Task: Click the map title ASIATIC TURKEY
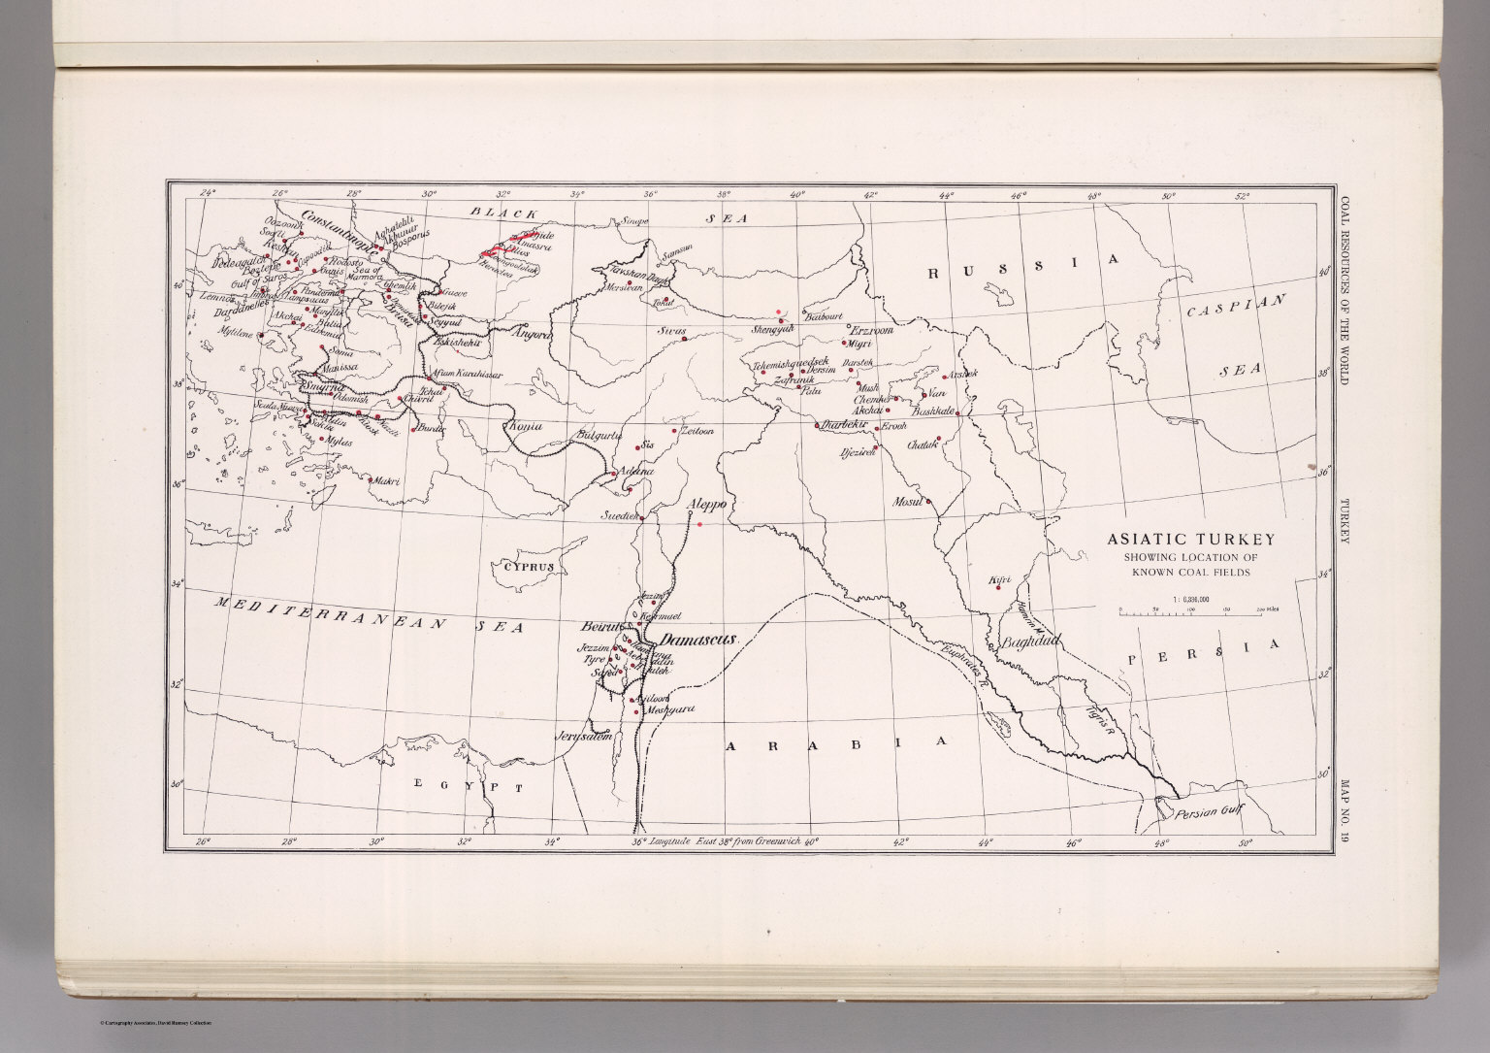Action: pos(1191,540)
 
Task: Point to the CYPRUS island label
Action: pos(528,567)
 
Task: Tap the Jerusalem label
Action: pos(585,737)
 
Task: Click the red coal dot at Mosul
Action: pos(928,501)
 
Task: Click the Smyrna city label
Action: pos(320,386)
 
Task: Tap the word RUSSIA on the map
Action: pos(1024,267)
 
